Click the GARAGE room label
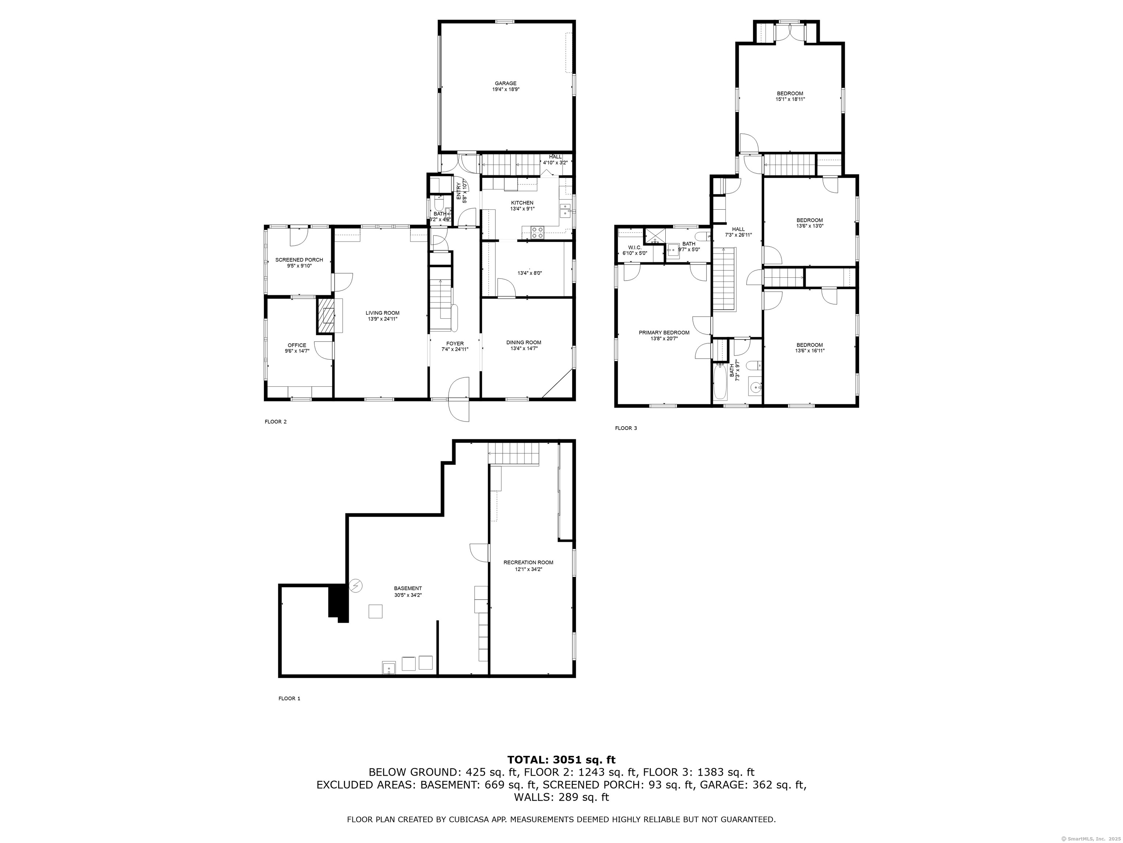click(x=506, y=83)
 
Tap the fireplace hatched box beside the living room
click(x=326, y=315)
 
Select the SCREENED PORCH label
click(x=299, y=260)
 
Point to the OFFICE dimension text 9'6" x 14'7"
click(x=297, y=351)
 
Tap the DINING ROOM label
click(x=524, y=342)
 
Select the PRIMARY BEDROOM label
click(x=663, y=333)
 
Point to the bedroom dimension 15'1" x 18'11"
click(x=790, y=100)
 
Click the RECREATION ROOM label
click(x=528, y=562)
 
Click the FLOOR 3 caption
click(x=625, y=428)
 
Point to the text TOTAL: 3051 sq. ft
click(x=561, y=760)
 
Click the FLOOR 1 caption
click(x=290, y=699)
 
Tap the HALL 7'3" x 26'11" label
click(x=738, y=232)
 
